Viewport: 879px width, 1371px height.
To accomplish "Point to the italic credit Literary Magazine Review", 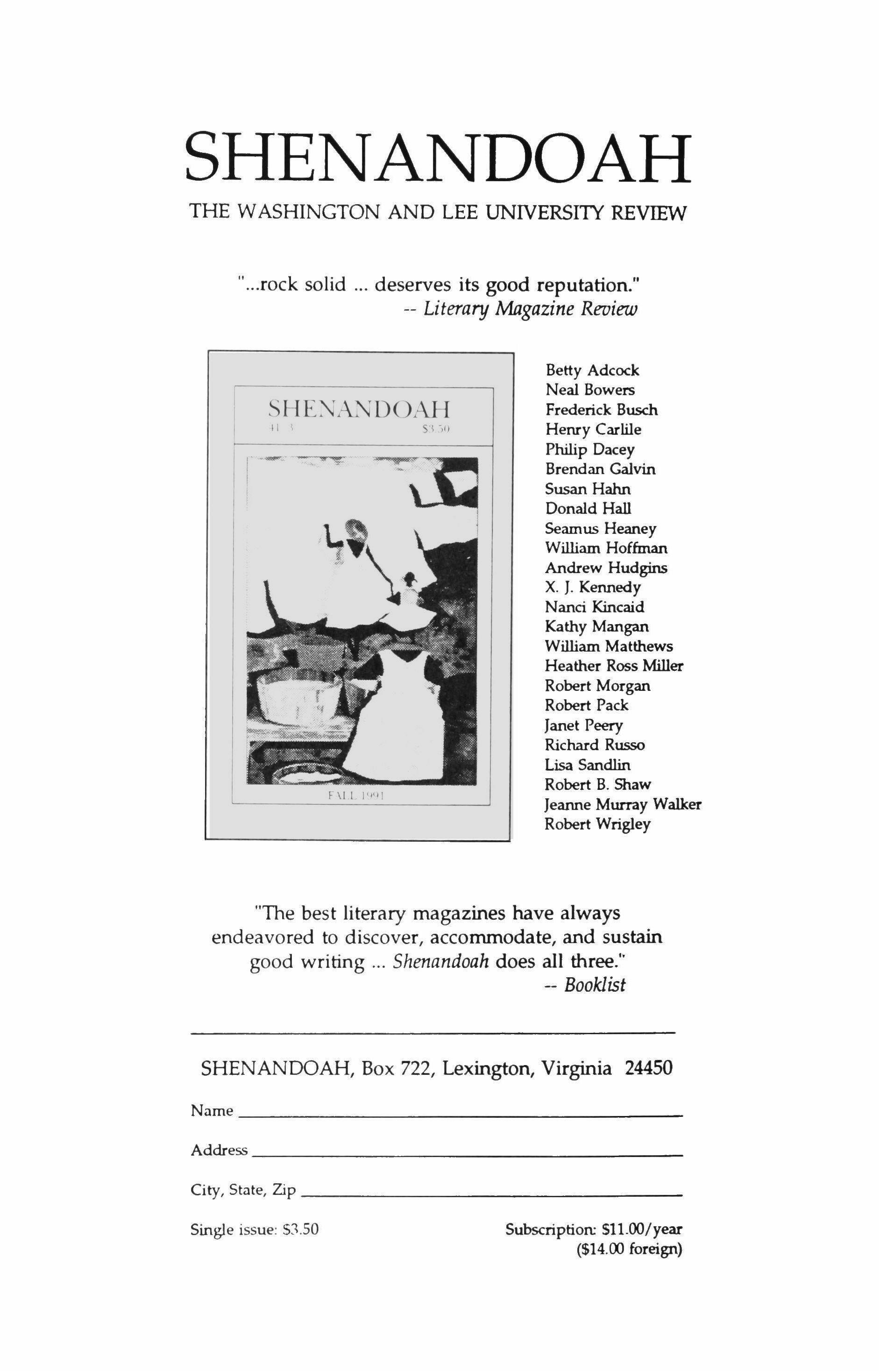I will (x=529, y=309).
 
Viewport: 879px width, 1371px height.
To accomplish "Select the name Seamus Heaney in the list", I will (x=601, y=528).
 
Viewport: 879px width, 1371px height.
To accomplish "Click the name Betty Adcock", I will (x=592, y=370).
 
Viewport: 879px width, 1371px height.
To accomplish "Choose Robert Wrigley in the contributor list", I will (x=597, y=824).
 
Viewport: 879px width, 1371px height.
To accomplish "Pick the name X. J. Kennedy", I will (x=593, y=587).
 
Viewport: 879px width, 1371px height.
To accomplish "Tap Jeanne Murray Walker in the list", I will (x=622, y=804).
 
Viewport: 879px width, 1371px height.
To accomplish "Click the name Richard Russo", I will (x=594, y=745).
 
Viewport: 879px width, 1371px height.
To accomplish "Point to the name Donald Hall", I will (x=588, y=509).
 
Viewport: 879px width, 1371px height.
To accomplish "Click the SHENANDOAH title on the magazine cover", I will (x=358, y=409).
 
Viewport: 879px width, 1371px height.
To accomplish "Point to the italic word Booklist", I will (x=595, y=985).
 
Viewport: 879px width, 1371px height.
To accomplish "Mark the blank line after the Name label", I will (x=460, y=1115).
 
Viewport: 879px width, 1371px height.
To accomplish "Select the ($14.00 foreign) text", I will (x=629, y=1250).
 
